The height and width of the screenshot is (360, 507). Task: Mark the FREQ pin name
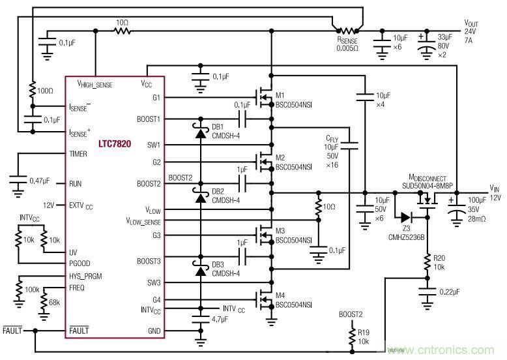click(x=77, y=287)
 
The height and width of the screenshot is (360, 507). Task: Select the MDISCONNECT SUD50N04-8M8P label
click(x=435, y=181)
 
